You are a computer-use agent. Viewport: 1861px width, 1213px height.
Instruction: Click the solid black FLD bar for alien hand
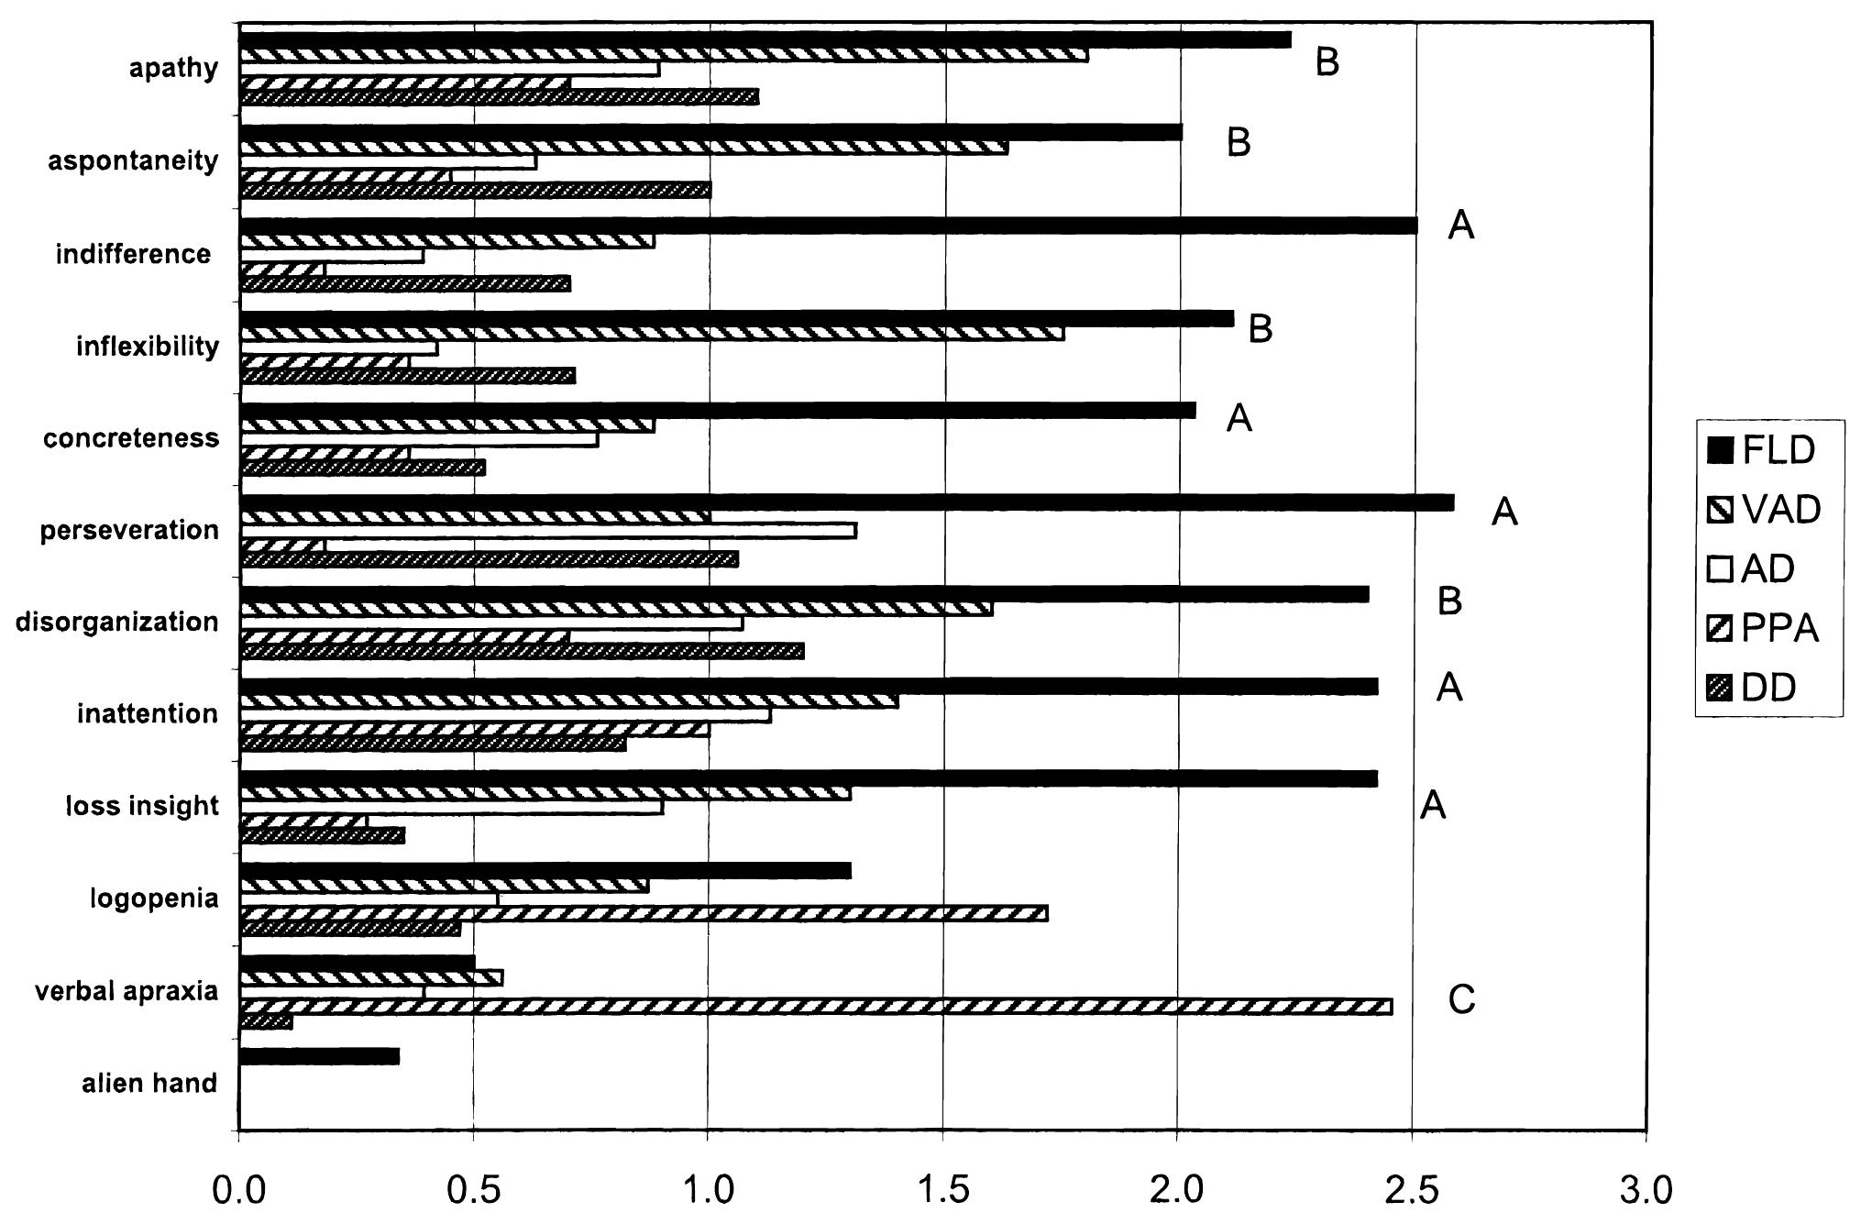pyautogui.click(x=319, y=1056)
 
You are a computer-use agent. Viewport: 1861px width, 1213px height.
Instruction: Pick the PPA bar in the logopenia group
pyautogui.click(x=642, y=913)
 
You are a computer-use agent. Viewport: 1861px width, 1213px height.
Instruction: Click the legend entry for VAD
pyautogui.click(x=1764, y=509)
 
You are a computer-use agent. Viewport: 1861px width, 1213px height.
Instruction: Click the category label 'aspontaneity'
pyautogui.click(x=133, y=160)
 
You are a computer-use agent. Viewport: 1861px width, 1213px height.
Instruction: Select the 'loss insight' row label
pyautogui.click(x=142, y=806)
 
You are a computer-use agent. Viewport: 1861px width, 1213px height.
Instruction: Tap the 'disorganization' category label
pyautogui.click(x=116, y=622)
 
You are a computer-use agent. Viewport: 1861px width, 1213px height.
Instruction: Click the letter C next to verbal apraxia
pyautogui.click(x=1461, y=999)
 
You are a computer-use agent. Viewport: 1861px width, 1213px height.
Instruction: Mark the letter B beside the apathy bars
pyautogui.click(x=1327, y=62)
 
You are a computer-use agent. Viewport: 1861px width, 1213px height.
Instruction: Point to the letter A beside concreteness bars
pyautogui.click(x=1239, y=418)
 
